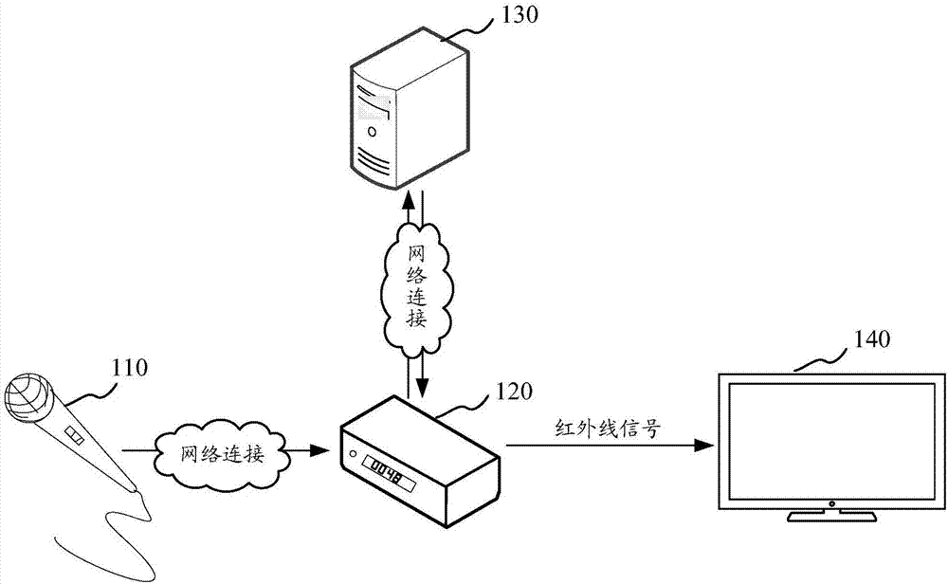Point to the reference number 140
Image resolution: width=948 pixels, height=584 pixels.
click(872, 340)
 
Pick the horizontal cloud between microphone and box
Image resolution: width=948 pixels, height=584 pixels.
click(224, 453)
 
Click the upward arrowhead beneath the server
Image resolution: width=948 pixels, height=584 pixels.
click(409, 201)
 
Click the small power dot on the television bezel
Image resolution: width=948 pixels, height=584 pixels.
click(830, 503)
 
